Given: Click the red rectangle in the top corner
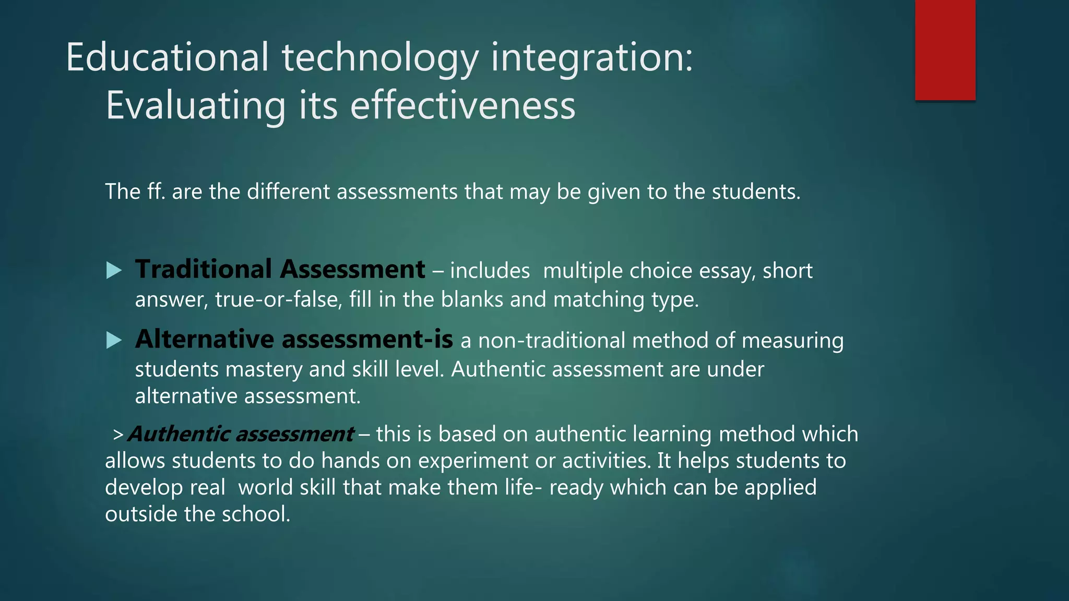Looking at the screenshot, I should coord(945,50).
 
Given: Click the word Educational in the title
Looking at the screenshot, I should coord(167,57).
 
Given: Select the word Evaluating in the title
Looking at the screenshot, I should coord(196,106).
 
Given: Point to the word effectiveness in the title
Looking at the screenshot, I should coord(462,106).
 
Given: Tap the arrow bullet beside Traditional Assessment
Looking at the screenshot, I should coord(114,270).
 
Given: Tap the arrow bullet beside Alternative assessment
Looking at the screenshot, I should coord(114,341).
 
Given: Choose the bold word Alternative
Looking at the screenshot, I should coord(205,339).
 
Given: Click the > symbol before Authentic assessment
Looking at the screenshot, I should coord(118,434).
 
